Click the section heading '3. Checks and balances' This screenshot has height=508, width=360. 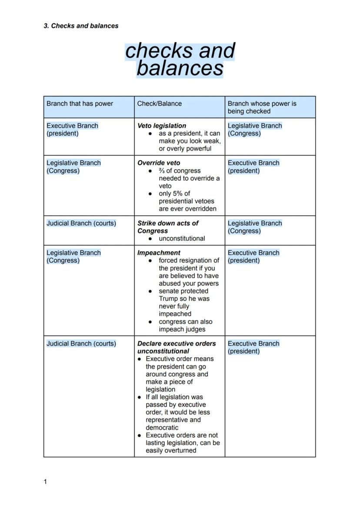coord(81,26)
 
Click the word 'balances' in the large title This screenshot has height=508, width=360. coord(180,68)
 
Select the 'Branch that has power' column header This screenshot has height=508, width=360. coord(80,103)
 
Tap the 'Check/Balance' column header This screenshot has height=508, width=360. coord(159,103)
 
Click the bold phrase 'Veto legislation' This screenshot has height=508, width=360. coord(161,126)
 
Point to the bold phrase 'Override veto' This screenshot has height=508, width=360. coord(159,163)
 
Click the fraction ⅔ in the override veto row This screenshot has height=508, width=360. coord(162,171)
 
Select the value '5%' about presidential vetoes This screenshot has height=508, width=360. coord(177,193)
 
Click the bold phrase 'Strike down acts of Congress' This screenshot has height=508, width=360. coord(167,227)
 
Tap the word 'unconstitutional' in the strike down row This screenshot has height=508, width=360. coord(182,239)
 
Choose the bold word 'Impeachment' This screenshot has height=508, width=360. coord(159,253)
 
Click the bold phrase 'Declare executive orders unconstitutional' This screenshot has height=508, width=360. coord(176,347)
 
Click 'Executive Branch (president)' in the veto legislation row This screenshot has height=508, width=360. coord(72,129)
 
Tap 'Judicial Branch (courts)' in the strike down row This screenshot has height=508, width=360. coord(81,223)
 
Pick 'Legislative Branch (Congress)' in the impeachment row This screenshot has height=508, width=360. coord(73,256)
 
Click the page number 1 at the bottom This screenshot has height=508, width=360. coord(45,481)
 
